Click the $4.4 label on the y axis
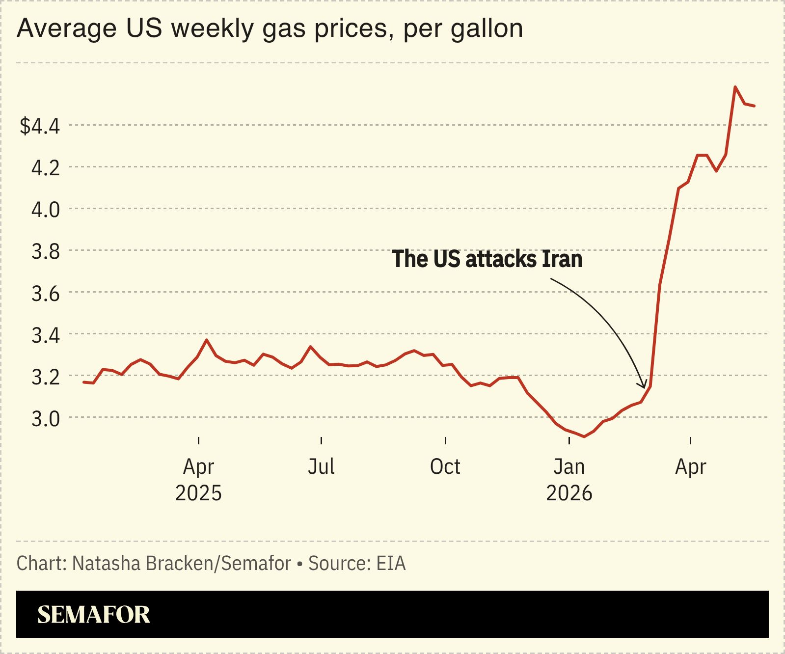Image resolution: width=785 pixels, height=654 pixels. tap(40, 126)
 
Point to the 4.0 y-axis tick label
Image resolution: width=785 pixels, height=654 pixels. tap(46, 210)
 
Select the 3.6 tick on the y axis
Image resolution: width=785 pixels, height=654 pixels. tap(46, 293)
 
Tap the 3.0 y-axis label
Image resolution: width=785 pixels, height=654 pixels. tap(46, 418)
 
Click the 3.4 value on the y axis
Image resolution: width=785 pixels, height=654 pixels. tap(46, 335)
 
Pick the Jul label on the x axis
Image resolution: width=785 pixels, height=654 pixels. tap(322, 466)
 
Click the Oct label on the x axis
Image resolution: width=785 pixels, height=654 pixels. tap(445, 466)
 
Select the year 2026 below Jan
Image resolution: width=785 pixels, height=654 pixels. tap(569, 493)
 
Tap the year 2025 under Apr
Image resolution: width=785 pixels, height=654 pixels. tap(198, 493)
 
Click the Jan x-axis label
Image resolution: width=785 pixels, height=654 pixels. tap(569, 466)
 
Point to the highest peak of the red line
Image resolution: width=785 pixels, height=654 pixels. tap(735, 87)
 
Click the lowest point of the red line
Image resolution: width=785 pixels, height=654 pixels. tap(584, 436)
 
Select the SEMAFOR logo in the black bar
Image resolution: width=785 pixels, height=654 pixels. tap(94, 615)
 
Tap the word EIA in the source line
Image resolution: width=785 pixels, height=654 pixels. tap(391, 564)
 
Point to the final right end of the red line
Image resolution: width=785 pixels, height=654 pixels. tap(754, 106)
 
